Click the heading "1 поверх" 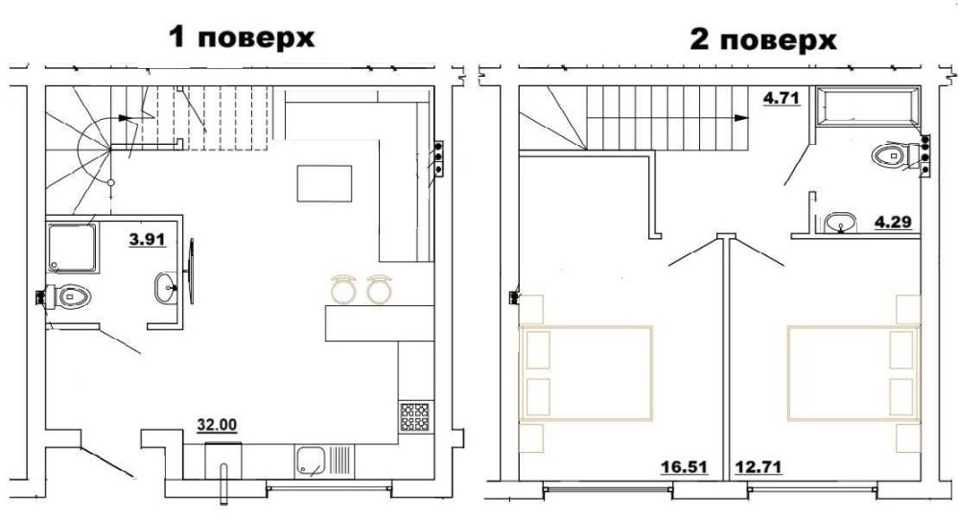242,37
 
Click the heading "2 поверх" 762,39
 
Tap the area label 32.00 217,425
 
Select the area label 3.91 148,239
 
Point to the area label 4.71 781,97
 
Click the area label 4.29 893,222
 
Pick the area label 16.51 684,467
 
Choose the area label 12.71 758,467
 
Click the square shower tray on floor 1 72,248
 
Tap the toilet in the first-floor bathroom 68,297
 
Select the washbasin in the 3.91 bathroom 166,287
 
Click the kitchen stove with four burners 414,417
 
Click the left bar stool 343,289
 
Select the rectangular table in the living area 324,183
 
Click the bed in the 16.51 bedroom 586,373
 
